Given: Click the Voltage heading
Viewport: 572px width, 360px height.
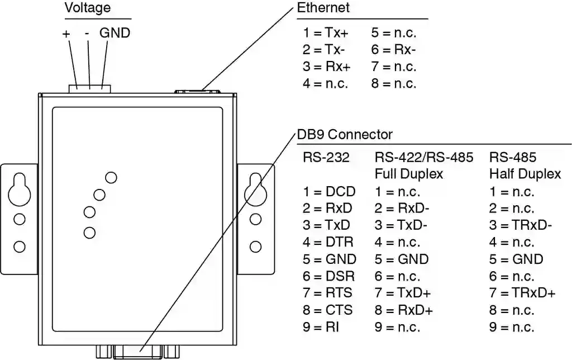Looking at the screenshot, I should point(88,8).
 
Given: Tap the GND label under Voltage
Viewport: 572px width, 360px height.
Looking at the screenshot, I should point(115,33).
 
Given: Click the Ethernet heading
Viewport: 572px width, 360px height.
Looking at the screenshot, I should point(323,8).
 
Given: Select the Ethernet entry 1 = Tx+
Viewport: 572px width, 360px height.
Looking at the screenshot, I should point(326,33).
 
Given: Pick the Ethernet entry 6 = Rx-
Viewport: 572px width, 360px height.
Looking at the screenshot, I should point(393,50).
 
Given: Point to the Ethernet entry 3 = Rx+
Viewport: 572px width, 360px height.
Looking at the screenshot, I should point(327,67).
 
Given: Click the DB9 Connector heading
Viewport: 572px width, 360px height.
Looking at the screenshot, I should point(345,135).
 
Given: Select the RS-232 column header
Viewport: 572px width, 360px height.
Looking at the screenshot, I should point(326,158).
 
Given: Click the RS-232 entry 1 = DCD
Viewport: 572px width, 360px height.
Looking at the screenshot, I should point(329,192).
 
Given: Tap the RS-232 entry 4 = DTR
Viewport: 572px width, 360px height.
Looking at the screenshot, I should point(328,243).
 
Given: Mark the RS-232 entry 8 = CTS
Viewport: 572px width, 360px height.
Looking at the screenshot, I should point(328,310).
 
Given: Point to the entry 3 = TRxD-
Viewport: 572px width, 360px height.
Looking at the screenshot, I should point(521,226).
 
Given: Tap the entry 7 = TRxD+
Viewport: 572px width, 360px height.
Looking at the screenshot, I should point(522,293).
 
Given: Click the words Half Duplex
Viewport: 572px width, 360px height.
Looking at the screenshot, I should point(525,174).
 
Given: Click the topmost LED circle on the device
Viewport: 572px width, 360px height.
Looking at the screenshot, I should point(111,178).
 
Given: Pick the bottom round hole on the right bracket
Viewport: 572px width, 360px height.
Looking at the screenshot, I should point(256,246).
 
